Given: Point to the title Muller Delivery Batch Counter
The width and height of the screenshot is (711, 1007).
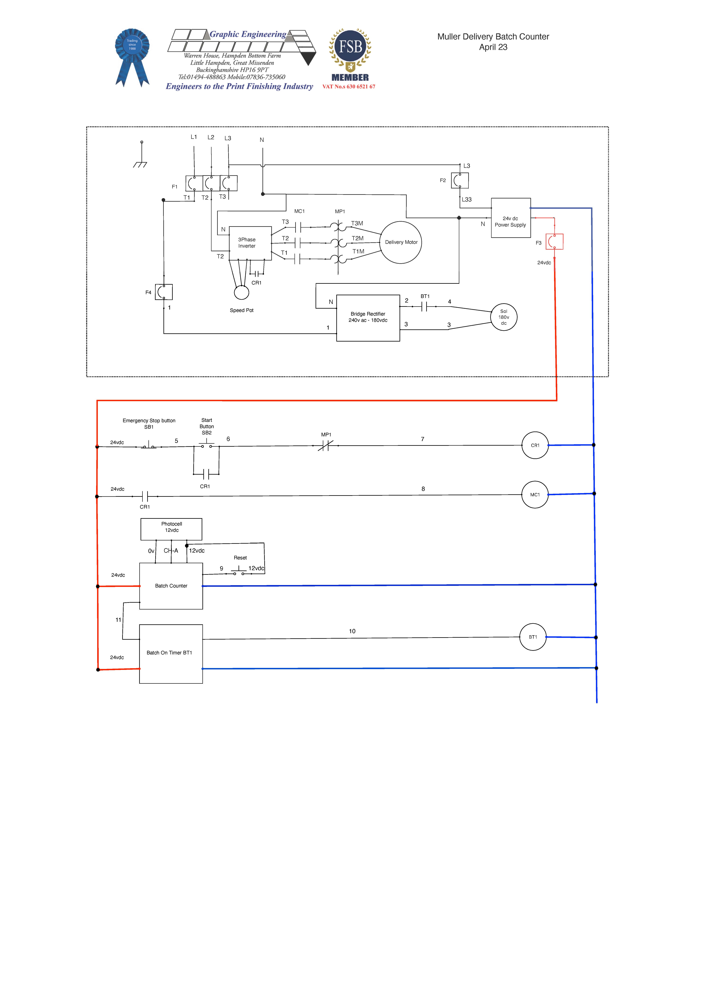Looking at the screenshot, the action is pos(493,37).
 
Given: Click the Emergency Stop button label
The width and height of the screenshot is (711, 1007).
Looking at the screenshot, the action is pos(149,421).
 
